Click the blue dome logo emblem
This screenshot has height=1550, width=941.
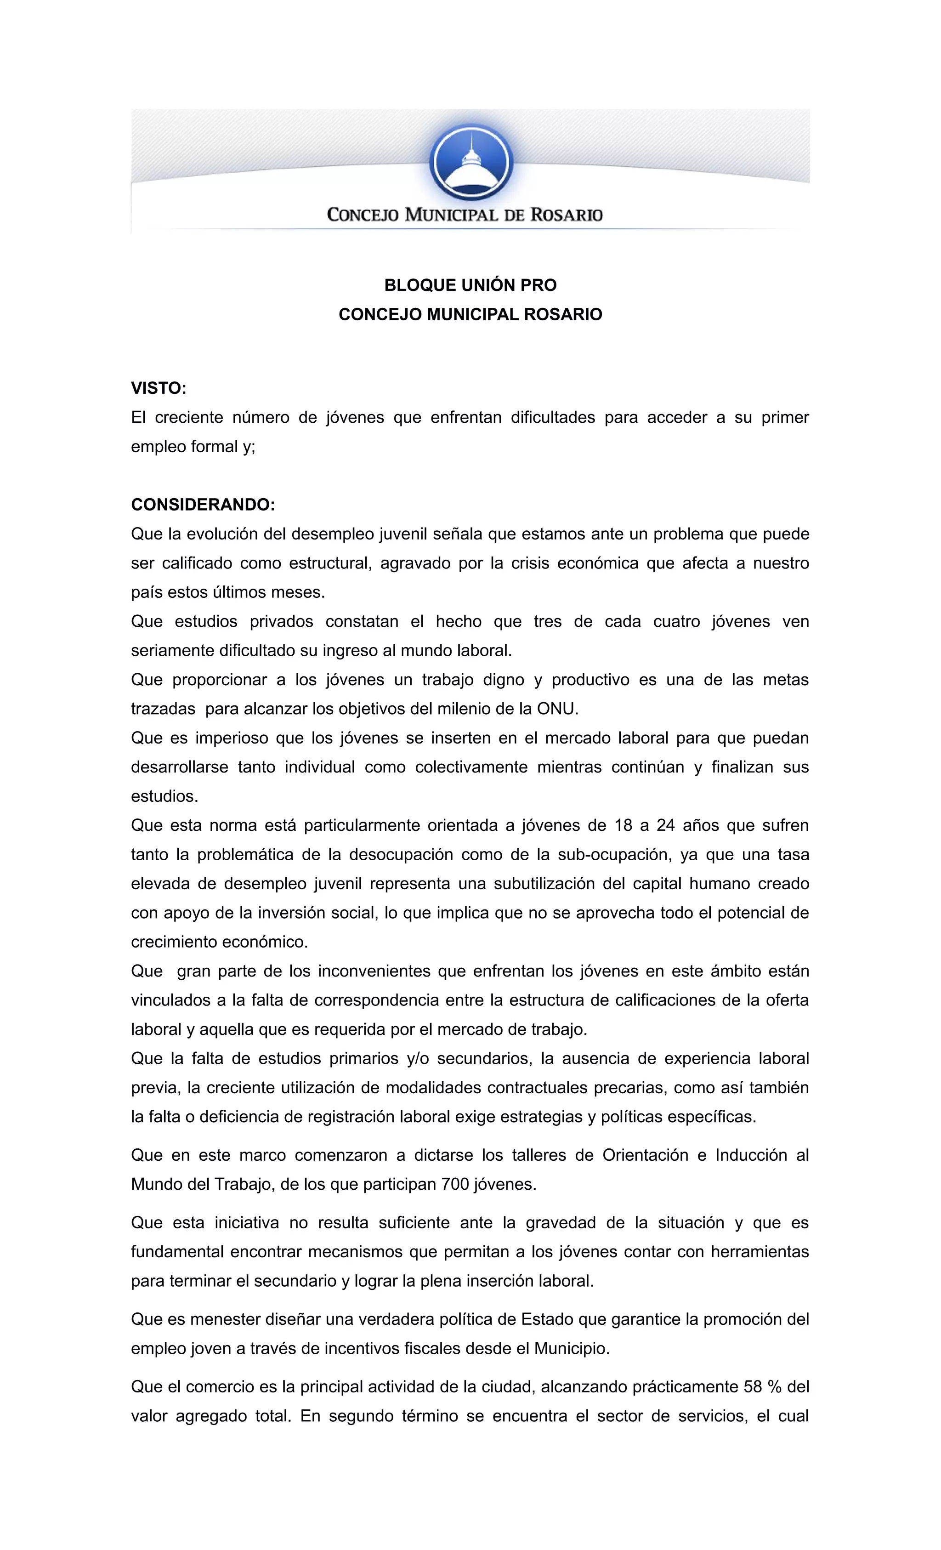click(x=470, y=162)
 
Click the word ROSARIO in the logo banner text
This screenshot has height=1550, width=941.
click(x=567, y=215)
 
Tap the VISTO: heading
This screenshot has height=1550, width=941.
click(x=159, y=388)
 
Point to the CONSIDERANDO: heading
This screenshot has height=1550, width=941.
click(x=203, y=505)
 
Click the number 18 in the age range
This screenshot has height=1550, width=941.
click(x=624, y=825)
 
